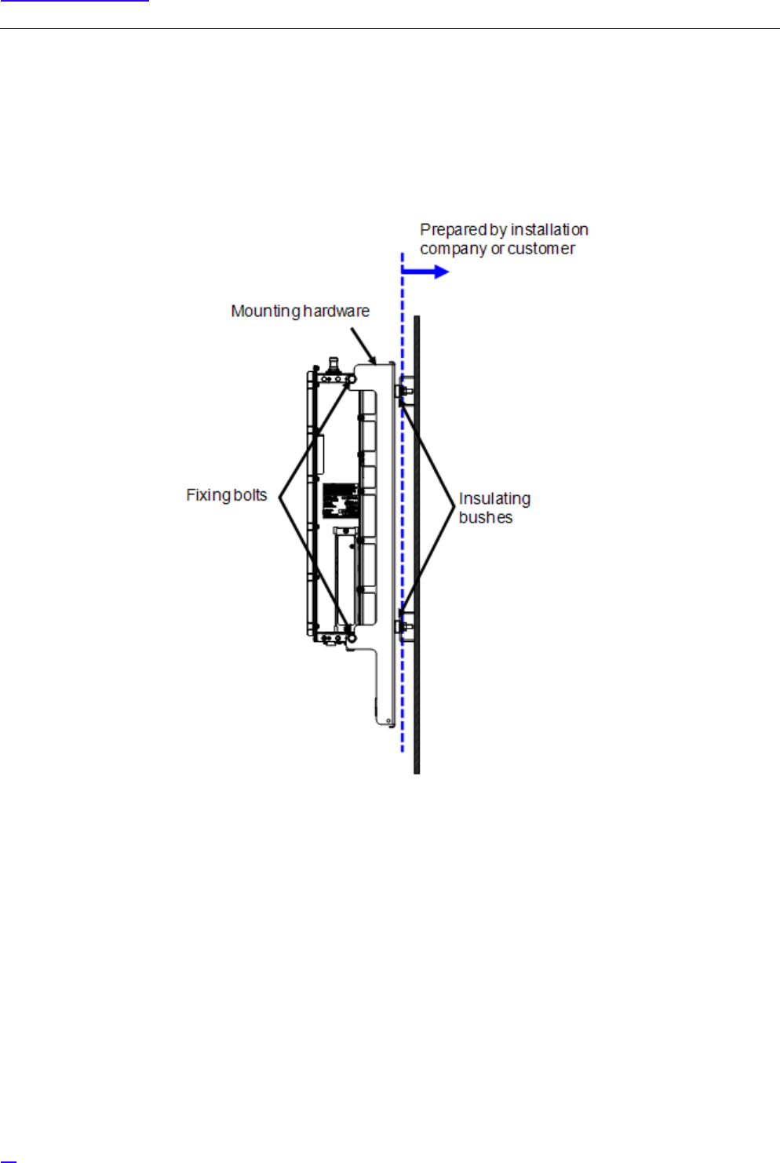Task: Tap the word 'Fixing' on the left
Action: pyautogui.click(x=206, y=495)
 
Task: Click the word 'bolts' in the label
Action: pyautogui.click(x=250, y=495)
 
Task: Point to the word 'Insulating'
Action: pyautogui.click(x=494, y=499)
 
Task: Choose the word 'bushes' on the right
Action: pyautogui.click(x=485, y=518)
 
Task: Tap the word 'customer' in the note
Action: pyautogui.click(x=541, y=249)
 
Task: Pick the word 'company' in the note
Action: pyautogui.click(x=453, y=250)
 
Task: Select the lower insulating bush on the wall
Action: pyautogui.click(x=405, y=627)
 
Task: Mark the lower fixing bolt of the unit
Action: pyautogui.click(x=350, y=629)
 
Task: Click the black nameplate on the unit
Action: pyautogui.click(x=341, y=500)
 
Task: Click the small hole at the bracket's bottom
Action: pyautogui.click(x=388, y=720)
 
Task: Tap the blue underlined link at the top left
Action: pyautogui.click(x=75, y=1)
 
